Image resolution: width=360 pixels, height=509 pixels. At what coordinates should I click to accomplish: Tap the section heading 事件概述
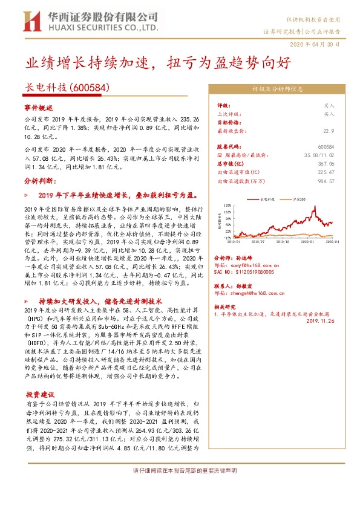point(39,107)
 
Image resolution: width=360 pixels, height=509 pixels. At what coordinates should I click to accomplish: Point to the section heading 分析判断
point(39,180)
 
